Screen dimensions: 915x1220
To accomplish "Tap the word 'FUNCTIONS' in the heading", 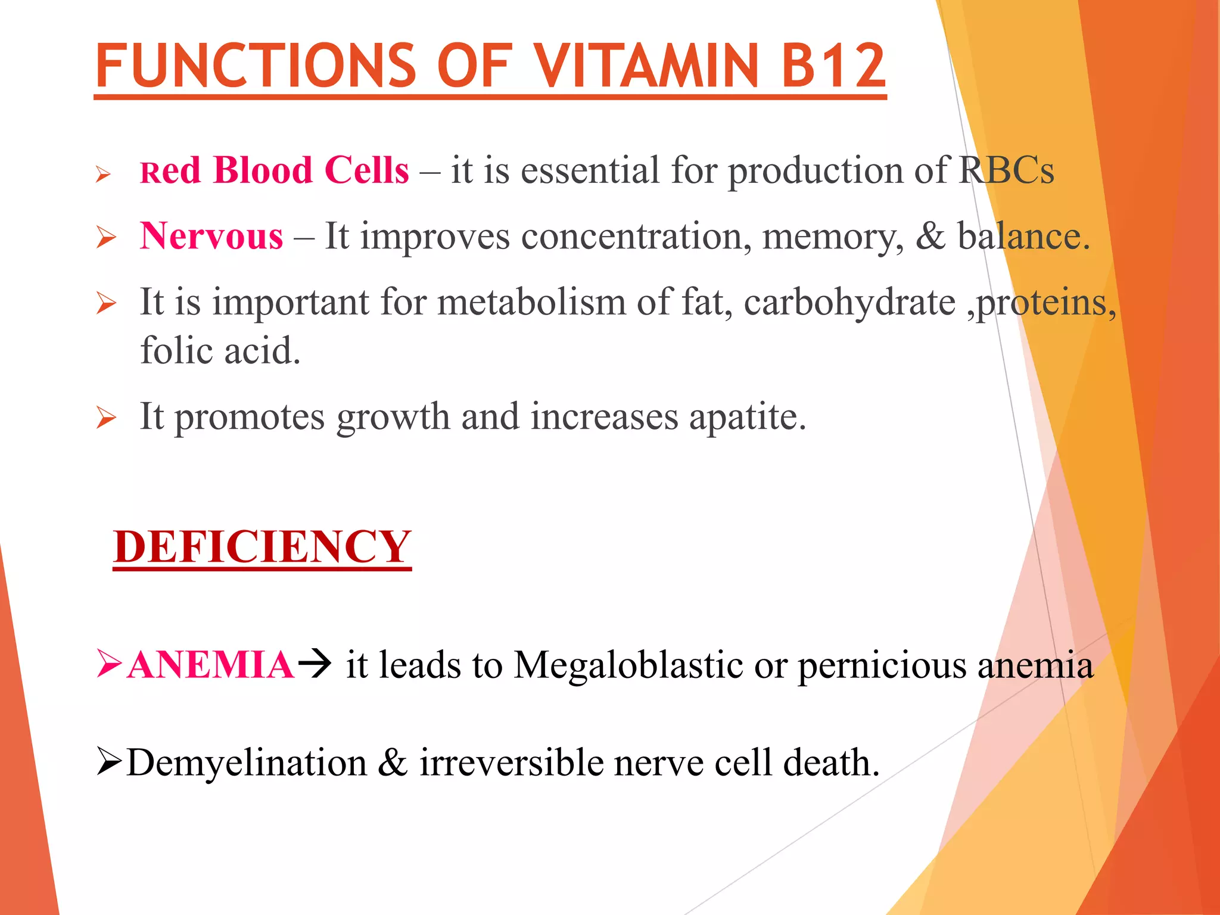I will pos(255,66).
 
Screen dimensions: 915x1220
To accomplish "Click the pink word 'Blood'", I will pos(263,170).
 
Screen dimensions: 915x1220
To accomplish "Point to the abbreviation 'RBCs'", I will pos(1006,170).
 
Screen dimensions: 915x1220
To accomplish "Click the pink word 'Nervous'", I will pos(211,236).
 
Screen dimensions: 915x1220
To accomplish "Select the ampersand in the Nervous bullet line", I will pos(930,236).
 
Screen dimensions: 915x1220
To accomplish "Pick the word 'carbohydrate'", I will pos(849,302).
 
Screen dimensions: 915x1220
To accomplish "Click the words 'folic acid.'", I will pos(220,350).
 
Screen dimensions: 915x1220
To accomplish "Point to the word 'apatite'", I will pos(747,416).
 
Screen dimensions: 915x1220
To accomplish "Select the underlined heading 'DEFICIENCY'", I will pos(262,547).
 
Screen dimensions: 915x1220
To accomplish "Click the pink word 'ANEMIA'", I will pos(211,665).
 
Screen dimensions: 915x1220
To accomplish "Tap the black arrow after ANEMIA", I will pos(314,665).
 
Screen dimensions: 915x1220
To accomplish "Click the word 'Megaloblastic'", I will pos(628,665).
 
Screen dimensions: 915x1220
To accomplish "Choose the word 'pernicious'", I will pos(882,666).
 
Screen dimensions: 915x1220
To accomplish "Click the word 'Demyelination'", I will pos(247,762).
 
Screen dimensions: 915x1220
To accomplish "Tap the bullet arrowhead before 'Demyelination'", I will pos(109,762).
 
